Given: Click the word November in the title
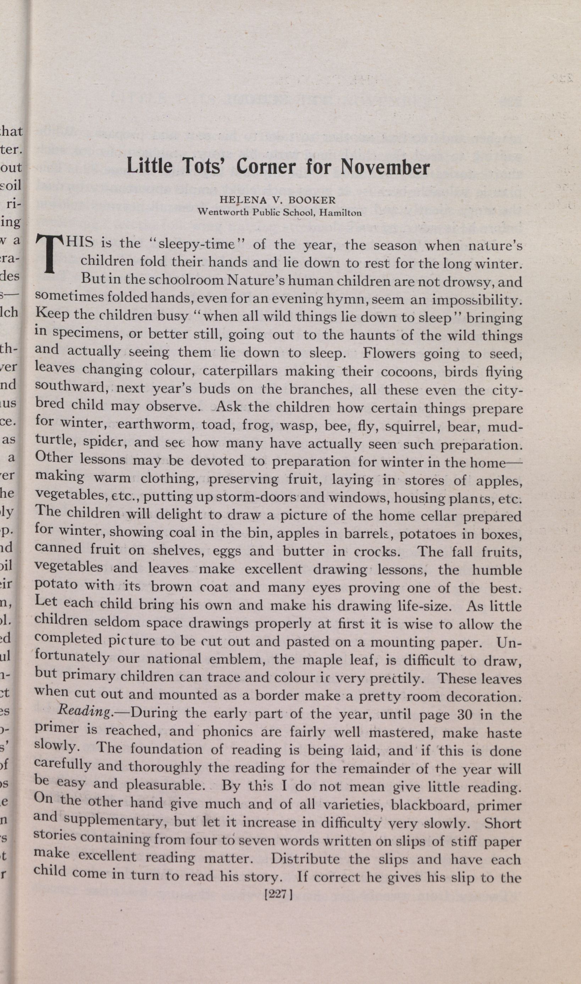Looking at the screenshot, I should pos(385,167).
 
